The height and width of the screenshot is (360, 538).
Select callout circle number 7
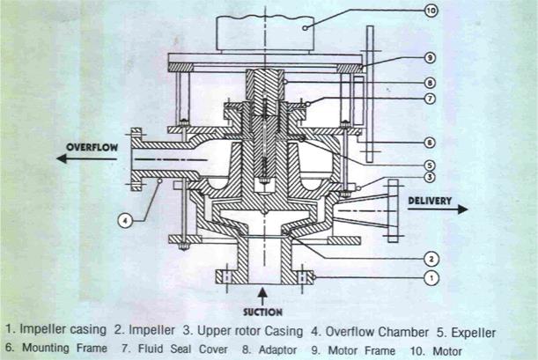point(430,99)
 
